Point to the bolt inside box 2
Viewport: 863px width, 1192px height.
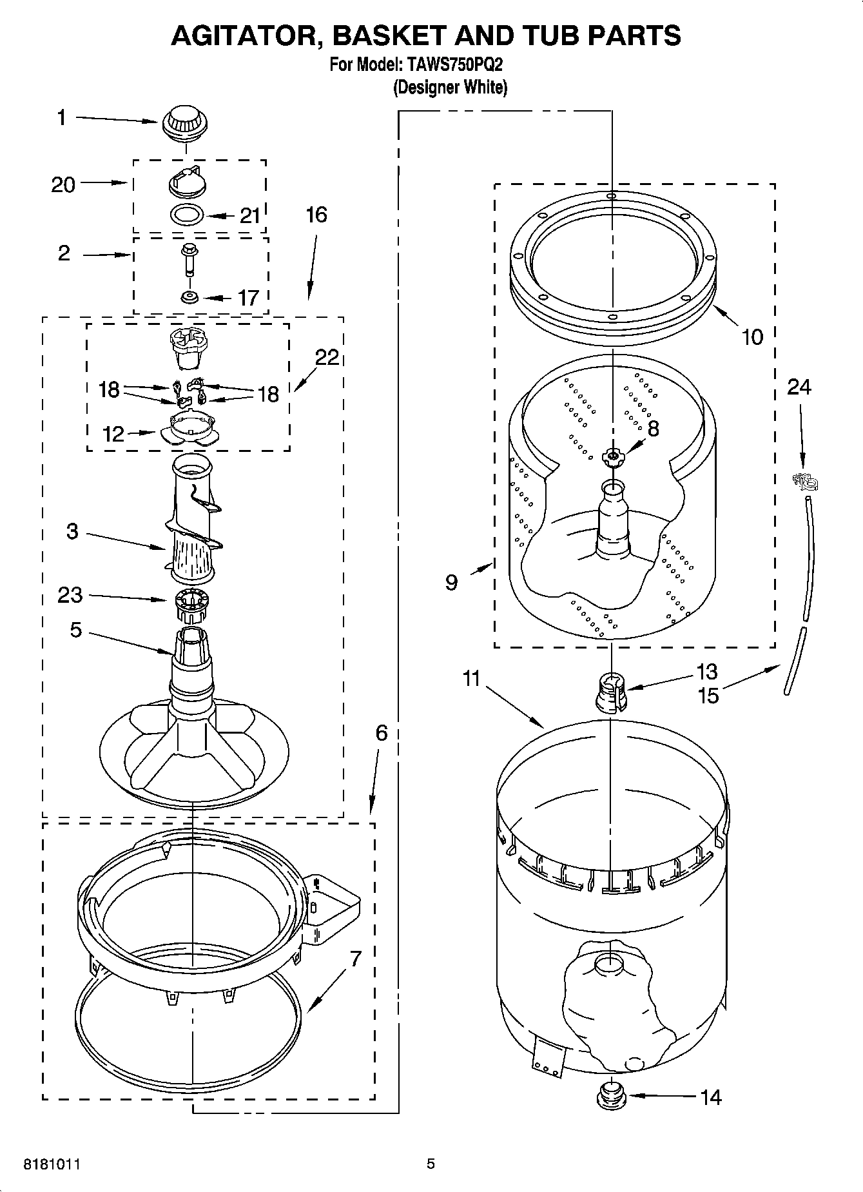[x=189, y=260]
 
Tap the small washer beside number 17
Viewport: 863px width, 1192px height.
[x=189, y=297]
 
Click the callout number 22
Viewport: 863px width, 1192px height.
[x=327, y=357]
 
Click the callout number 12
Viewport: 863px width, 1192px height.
[x=113, y=434]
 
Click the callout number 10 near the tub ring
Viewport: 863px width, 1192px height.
[x=752, y=337]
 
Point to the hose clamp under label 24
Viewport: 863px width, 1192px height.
[x=804, y=480]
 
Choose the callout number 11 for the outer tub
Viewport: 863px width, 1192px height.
[x=472, y=679]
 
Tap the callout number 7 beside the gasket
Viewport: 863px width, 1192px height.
[x=356, y=959]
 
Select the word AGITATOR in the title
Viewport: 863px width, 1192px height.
[x=242, y=35]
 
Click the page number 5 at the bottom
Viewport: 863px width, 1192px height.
[x=431, y=1164]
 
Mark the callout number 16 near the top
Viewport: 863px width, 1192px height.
[x=316, y=215]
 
